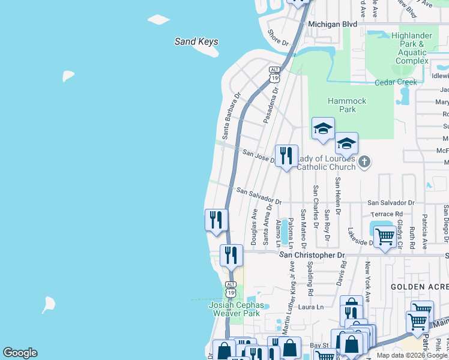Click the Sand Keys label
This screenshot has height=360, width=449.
(x=196, y=42)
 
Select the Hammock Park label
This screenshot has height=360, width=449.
(x=348, y=105)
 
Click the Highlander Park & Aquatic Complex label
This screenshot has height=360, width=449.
(x=412, y=48)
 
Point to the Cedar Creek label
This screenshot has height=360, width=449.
(x=396, y=82)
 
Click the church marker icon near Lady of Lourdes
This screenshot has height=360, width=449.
(x=364, y=161)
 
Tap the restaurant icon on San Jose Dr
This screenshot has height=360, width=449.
(x=286, y=155)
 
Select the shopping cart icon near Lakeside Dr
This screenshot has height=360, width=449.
(x=385, y=236)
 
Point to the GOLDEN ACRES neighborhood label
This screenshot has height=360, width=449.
(x=419, y=287)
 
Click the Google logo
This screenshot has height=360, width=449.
(x=20, y=353)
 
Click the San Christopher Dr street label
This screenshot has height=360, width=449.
(x=313, y=255)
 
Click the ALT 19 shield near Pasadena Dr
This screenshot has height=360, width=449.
(x=274, y=74)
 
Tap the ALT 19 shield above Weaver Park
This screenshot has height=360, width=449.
(x=231, y=288)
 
